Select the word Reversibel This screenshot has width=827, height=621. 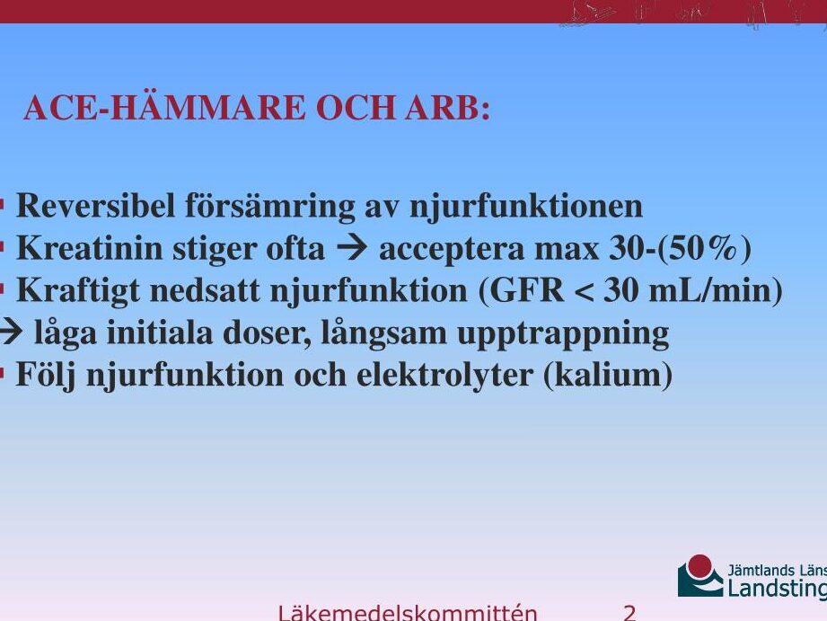click(95, 206)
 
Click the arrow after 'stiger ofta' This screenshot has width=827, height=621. click(352, 246)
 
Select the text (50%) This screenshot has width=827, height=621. click(705, 249)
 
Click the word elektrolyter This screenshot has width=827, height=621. click(445, 375)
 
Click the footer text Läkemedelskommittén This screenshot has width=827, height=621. click(407, 612)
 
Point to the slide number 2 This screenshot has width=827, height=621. click(629, 613)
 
